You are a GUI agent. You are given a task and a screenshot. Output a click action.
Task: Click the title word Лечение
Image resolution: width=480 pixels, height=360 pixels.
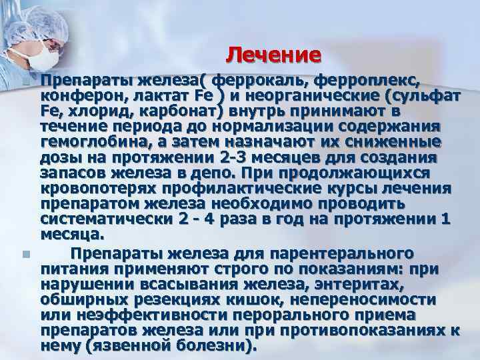pos(273,53)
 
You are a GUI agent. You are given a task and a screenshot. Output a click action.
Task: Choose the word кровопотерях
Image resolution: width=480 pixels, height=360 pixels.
pos(106,188)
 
